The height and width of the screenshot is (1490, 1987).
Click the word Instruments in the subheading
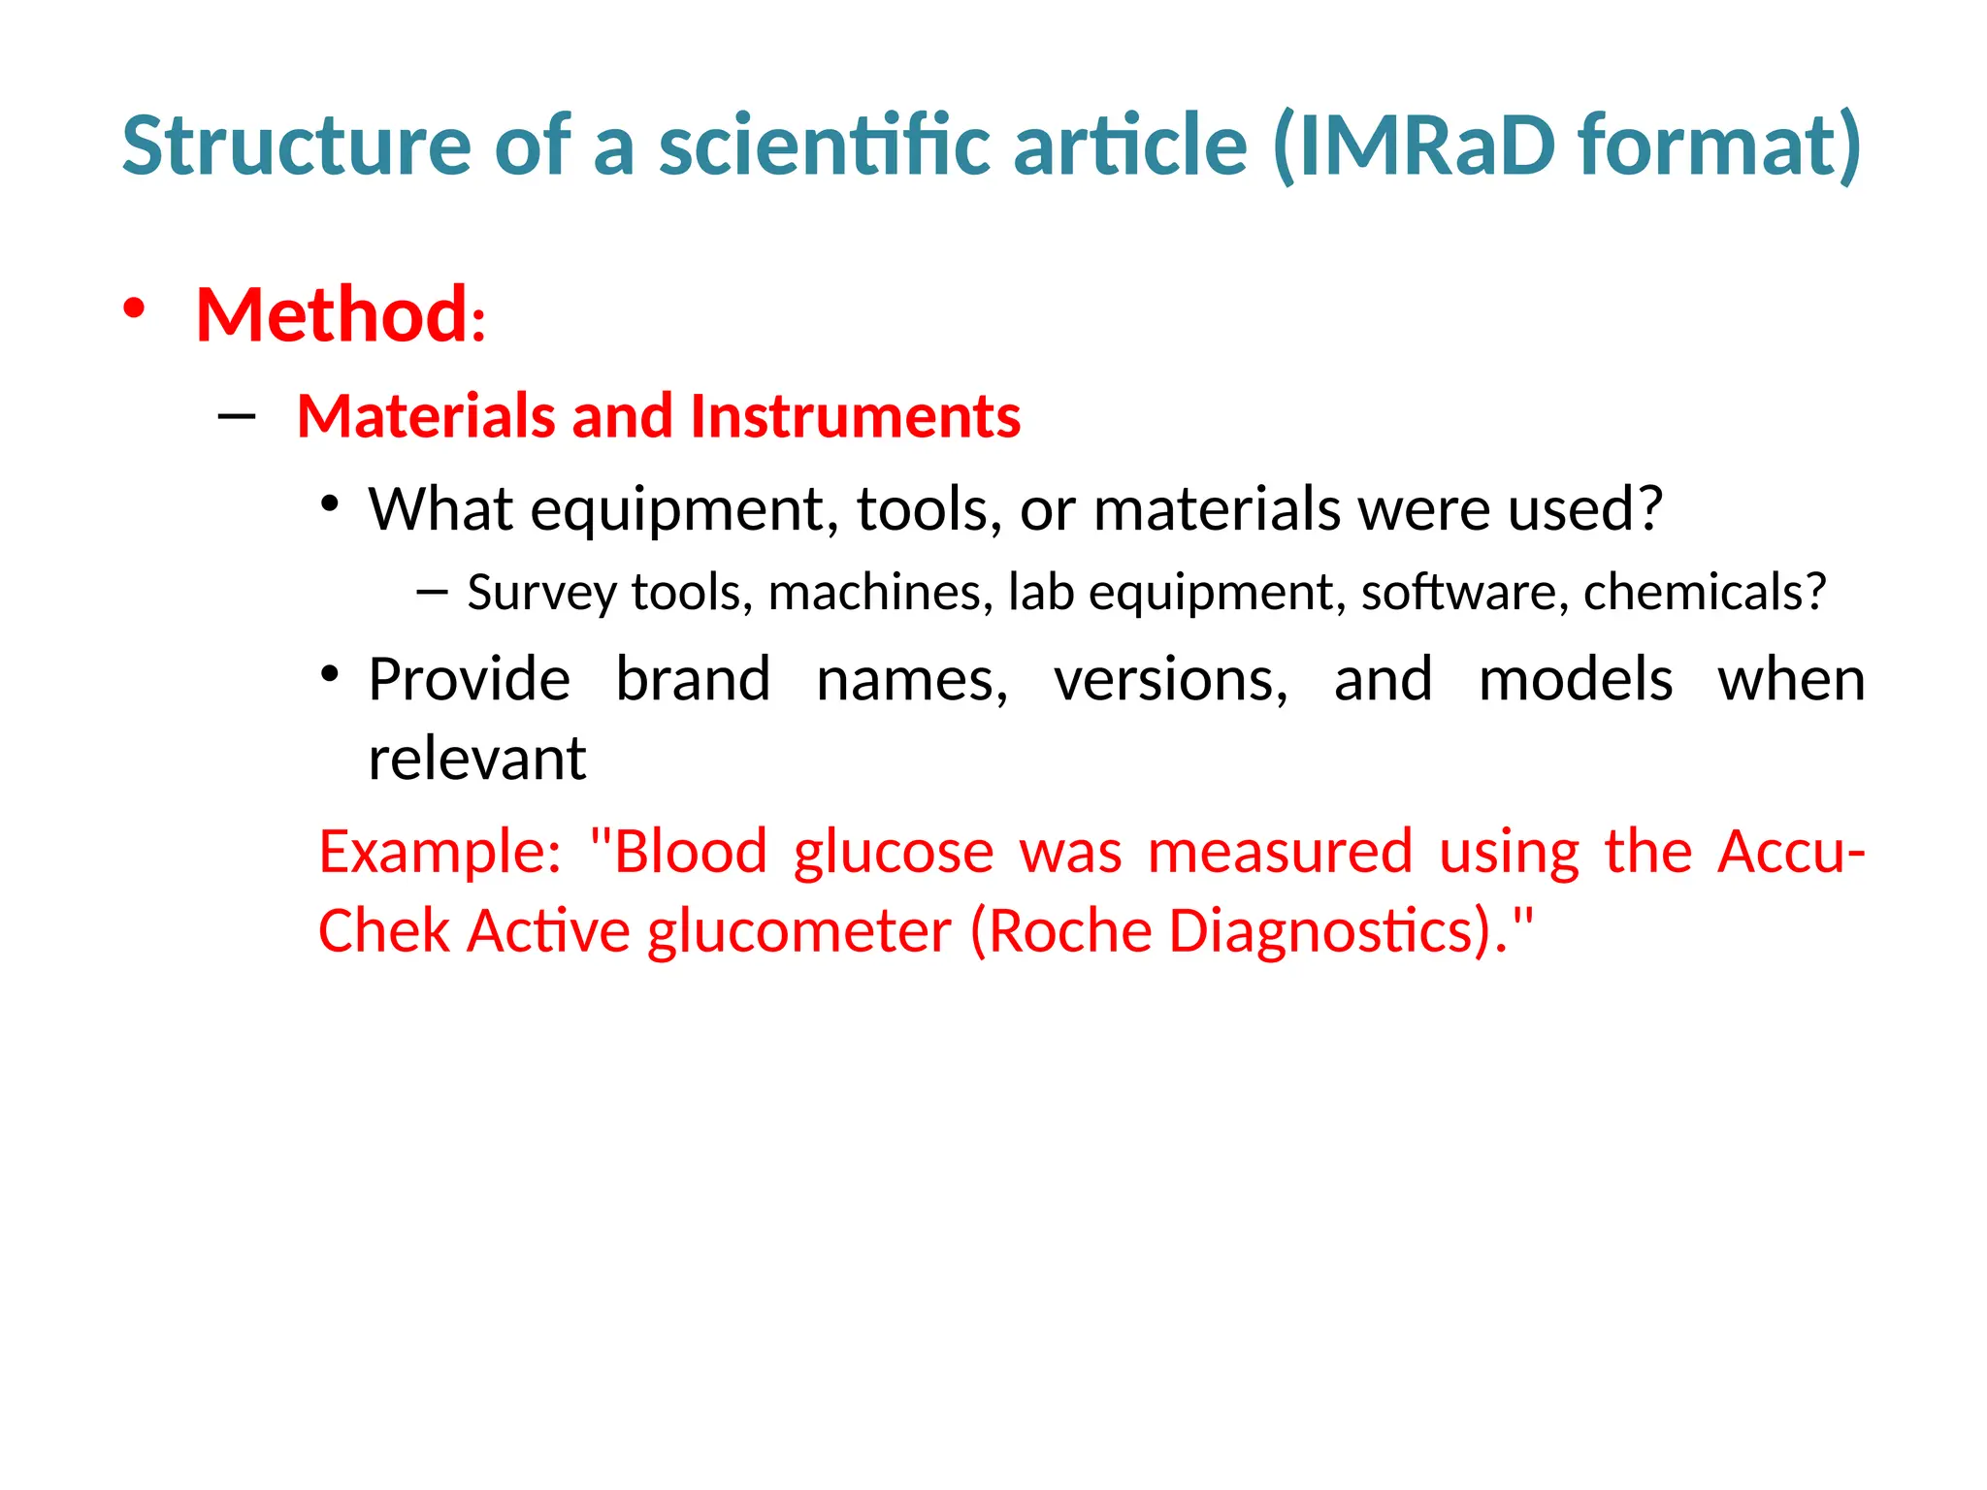pyautogui.click(x=855, y=416)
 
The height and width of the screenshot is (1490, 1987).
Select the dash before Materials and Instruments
pyautogui.click(x=237, y=417)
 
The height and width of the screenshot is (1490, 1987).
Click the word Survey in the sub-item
pyautogui.click(x=541, y=592)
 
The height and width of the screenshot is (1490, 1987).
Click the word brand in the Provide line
pyautogui.click(x=693, y=679)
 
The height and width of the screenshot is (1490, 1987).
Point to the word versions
pyautogui.click(x=1169, y=679)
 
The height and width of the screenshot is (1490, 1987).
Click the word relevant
pyautogui.click(x=476, y=759)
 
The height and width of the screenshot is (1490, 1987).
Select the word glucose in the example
pyautogui.click(x=894, y=852)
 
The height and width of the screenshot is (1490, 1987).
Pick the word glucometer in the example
pyautogui.click(x=799, y=931)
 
